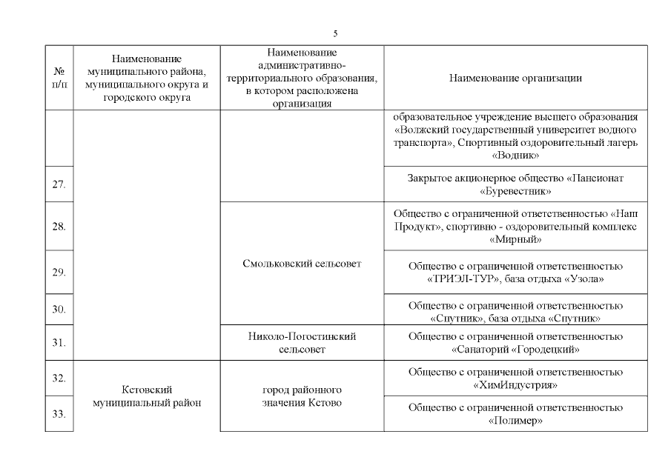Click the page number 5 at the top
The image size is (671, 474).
[x=335, y=34]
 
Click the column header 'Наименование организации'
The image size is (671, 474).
[x=515, y=78]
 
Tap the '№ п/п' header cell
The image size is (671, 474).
[x=59, y=78]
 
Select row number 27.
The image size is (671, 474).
[x=59, y=184]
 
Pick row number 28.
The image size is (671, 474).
[x=59, y=226]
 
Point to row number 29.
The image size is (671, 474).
[x=59, y=273]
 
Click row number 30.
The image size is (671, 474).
[x=59, y=308]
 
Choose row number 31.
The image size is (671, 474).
[x=59, y=342]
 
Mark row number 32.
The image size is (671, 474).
[x=59, y=378]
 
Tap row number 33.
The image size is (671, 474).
[x=59, y=414]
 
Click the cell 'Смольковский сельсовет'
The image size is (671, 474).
[x=302, y=263]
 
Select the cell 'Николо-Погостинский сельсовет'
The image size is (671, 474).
[x=302, y=342]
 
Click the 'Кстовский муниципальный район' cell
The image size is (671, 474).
[x=147, y=395]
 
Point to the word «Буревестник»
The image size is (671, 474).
[x=515, y=191]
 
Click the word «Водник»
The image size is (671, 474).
[x=515, y=156]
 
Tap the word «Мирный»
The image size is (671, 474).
[x=515, y=240]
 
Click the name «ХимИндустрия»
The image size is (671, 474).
[x=515, y=385]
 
